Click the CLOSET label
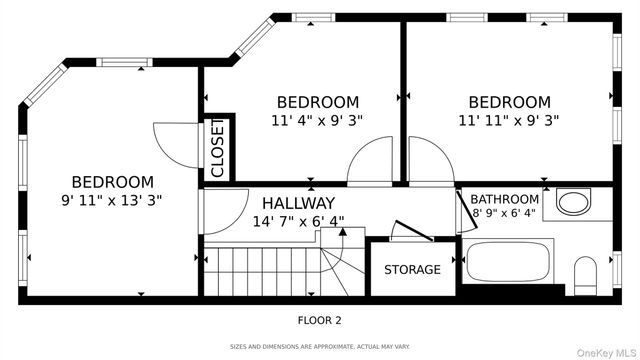pyautogui.click(x=218, y=148)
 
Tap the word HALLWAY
pyautogui.click(x=298, y=203)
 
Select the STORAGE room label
pyautogui.click(x=412, y=269)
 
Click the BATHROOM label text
pyautogui.click(x=504, y=199)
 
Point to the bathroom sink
pyautogui.click(x=573, y=202)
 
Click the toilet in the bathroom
pyautogui.click(x=585, y=276)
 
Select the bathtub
pyautogui.click(x=508, y=261)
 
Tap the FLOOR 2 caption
pyautogui.click(x=319, y=320)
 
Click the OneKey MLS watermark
pyautogui.click(x=606, y=353)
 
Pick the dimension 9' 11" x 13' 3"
pyautogui.click(x=112, y=200)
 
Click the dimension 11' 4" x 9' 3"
pyautogui.click(x=317, y=120)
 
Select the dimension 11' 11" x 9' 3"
pyautogui.click(x=509, y=120)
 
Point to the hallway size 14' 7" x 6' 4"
pyautogui.click(x=298, y=221)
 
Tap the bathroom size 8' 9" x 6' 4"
pyautogui.click(x=504, y=213)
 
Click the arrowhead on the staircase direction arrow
pyautogui.click(x=343, y=232)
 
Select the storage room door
pyautogui.click(x=412, y=231)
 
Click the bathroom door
pyautogui.click(x=467, y=209)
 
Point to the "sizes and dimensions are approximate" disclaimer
pyautogui.click(x=320, y=347)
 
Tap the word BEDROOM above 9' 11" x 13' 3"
pyautogui.click(x=113, y=182)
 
